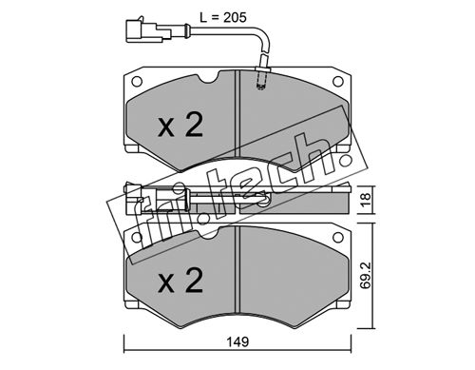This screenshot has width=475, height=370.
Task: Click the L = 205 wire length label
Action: point(223,17)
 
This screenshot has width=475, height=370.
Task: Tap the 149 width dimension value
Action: point(237,341)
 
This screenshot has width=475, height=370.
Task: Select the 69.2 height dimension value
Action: point(366,275)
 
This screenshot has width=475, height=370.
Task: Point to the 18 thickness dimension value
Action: point(366,200)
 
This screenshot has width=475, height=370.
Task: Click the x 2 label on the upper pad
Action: point(180,126)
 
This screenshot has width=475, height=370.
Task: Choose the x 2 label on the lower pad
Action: point(180,281)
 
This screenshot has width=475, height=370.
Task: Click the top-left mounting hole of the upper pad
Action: point(137,82)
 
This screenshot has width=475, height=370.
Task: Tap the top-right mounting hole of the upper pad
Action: point(338,82)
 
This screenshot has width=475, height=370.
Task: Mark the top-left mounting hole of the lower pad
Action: point(137,237)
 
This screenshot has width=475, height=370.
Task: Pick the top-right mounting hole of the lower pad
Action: point(338,237)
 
